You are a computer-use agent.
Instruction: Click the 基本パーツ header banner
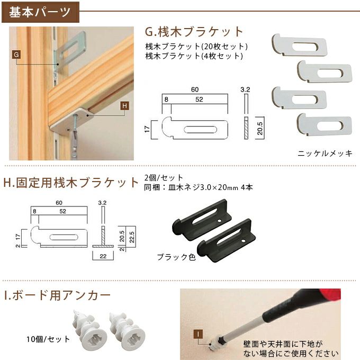40,11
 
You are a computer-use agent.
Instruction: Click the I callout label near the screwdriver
196,334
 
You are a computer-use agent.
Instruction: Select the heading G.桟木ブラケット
194,31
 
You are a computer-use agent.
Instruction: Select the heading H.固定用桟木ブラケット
71,183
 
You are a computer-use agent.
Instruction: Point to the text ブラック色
176,257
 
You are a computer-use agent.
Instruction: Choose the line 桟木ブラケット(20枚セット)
196,46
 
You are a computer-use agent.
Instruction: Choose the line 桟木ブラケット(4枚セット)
194,55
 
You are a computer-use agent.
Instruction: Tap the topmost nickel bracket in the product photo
299,45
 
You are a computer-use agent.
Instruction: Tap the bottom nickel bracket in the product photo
325,124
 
